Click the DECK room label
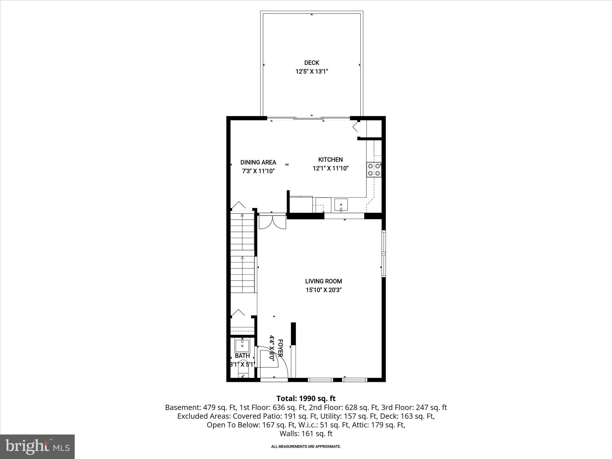pos(312,63)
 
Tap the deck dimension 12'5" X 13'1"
pos(312,71)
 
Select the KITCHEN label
pos(330,160)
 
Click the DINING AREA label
pos(258,162)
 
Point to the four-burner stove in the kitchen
pos(374,169)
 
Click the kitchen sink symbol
pos(341,205)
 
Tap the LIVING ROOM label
pos(323,281)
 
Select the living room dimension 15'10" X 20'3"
pos(323,290)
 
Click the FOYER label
pos(280,348)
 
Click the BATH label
pos(242,356)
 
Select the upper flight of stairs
pos(242,232)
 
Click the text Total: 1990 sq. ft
pos(306,398)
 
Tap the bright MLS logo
pos(37,446)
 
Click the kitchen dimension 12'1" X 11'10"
pos(331,168)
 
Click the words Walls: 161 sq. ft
pos(306,434)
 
